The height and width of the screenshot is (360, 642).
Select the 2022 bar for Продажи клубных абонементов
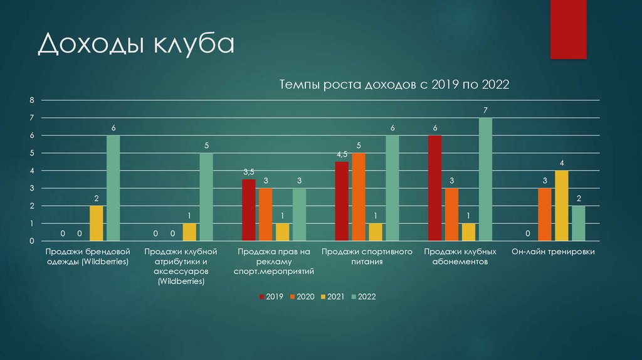pos(485,179)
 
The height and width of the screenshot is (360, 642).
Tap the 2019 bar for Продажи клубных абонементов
pos(434,188)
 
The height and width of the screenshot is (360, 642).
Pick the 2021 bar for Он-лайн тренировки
pos(561,206)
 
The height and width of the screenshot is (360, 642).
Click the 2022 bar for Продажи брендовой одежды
pos(113,188)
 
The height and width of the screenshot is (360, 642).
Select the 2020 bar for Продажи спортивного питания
pos(359,197)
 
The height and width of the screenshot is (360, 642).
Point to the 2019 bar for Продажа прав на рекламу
pos(249,210)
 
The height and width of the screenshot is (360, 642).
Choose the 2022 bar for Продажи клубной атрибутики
pos(206,197)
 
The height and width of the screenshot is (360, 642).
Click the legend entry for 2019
pos(271,296)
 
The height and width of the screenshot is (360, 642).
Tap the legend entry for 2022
pos(363,296)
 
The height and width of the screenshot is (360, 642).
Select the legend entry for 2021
pos(332,296)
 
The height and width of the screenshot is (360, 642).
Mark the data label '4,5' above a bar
pos(342,154)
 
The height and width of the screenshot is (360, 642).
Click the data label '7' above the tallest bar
pos(485,110)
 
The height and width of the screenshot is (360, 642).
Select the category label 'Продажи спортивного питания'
pos(367,257)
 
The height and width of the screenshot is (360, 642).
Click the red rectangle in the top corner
pos(568,29)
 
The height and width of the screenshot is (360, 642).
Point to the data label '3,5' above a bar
pos(249,172)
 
